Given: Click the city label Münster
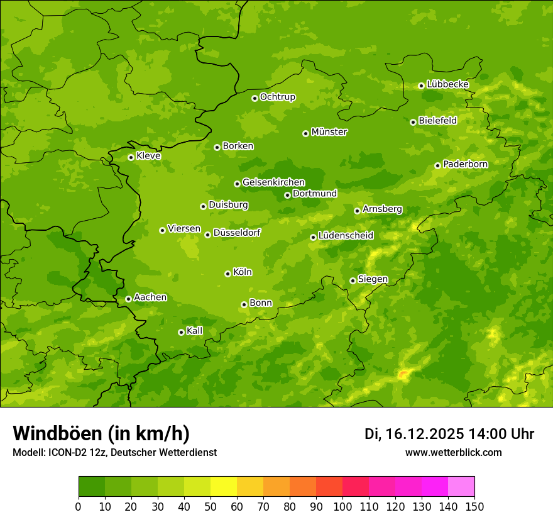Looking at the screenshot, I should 329,132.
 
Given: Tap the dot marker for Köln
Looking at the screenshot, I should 227,274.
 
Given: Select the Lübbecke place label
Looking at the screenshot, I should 447,84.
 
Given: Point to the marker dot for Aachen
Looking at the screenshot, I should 128,299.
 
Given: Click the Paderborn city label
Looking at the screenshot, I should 465,164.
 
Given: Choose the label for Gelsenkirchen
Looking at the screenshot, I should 273,182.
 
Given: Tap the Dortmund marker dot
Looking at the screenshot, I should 287,195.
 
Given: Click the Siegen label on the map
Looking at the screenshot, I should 373,279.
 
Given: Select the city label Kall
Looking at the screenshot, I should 195,331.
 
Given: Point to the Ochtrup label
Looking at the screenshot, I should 277,97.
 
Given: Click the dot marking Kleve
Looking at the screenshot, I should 131,157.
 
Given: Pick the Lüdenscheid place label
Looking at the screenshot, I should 346,236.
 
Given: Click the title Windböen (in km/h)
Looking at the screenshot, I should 101,433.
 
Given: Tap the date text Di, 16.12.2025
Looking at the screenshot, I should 414,434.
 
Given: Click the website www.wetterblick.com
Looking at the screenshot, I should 453,452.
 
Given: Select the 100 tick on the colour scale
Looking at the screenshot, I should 342,506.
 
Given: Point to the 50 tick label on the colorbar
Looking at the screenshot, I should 211,506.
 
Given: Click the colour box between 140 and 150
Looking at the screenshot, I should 461,487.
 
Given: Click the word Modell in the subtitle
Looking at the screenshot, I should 28,453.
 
